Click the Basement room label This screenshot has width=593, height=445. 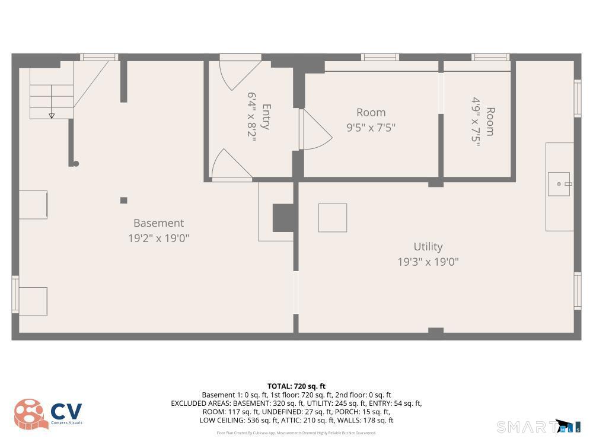[x=158, y=223]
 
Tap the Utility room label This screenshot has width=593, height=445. [x=428, y=246]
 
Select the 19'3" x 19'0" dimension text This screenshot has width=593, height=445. [x=428, y=262]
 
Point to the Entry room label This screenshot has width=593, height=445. [x=266, y=117]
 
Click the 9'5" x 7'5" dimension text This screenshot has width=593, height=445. [x=371, y=127]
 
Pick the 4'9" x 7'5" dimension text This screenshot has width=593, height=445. [x=476, y=122]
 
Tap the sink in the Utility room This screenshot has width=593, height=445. [x=559, y=184]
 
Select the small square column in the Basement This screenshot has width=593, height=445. [x=123, y=201]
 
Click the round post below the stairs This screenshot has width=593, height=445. [x=76, y=164]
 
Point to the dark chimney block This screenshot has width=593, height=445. [x=283, y=218]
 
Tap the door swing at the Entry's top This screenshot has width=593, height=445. [x=239, y=74]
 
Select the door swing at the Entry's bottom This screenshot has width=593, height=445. [x=230, y=164]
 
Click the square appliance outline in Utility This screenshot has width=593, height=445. [x=333, y=218]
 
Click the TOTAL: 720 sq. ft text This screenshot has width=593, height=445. [x=296, y=386]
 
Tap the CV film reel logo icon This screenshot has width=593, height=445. [x=30, y=414]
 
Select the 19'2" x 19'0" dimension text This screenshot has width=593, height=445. [x=158, y=239]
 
